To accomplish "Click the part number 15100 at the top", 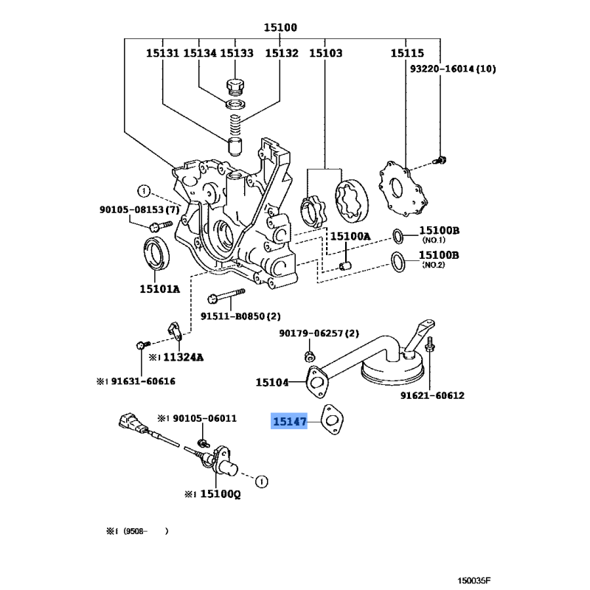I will point(280,28).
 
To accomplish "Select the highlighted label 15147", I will point(290,422).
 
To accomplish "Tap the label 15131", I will point(162,53).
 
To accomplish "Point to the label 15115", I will point(407,53).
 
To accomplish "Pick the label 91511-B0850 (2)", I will point(239,316).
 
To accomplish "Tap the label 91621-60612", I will point(432,395).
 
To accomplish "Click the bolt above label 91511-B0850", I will point(226,298).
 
